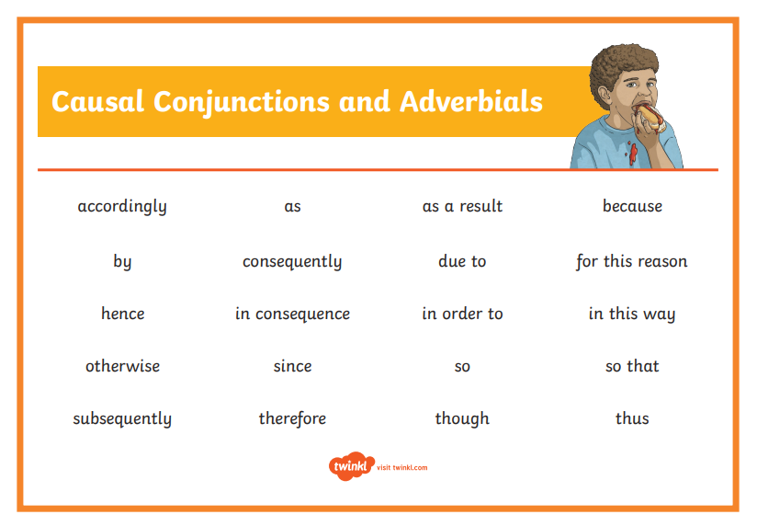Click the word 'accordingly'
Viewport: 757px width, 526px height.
pyautogui.click(x=122, y=207)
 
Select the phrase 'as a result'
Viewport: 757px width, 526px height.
pyautogui.click(x=462, y=206)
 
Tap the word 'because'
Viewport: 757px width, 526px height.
pyautogui.click(x=632, y=206)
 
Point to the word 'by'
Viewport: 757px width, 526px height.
pyautogui.click(x=122, y=262)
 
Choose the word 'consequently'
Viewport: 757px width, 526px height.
pyautogui.click(x=292, y=262)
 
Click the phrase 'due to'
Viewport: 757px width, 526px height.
pyautogui.click(x=462, y=261)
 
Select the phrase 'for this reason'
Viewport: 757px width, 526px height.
pyautogui.click(x=632, y=261)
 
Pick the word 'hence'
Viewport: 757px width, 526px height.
pyautogui.click(x=122, y=314)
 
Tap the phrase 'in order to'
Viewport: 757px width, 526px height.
pyautogui.click(x=462, y=314)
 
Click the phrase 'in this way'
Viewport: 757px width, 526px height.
pyautogui.click(x=632, y=314)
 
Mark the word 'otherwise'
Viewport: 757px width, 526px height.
pyautogui.click(x=122, y=366)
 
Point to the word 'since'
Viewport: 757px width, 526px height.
pyautogui.click(x=292, y=366)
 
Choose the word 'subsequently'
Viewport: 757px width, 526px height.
pyautogui.click(x=122, y=419)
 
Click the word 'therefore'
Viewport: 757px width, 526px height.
pyautogui.click(x=292, y=418)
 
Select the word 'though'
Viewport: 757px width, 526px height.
pyautogui.click(x=462, y=419)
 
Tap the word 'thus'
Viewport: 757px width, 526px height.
pyautogui.click(x=632, y=418)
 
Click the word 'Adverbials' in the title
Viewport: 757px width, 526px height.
pyautogui.click(x=471, y=102)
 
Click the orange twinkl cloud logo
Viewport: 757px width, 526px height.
pyautogui.click(x=352, y=466)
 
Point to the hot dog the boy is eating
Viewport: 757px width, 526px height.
pyautogui.click(x=650, y=118)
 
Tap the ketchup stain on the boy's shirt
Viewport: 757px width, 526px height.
pyautogui.click(x=633, y=154)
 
